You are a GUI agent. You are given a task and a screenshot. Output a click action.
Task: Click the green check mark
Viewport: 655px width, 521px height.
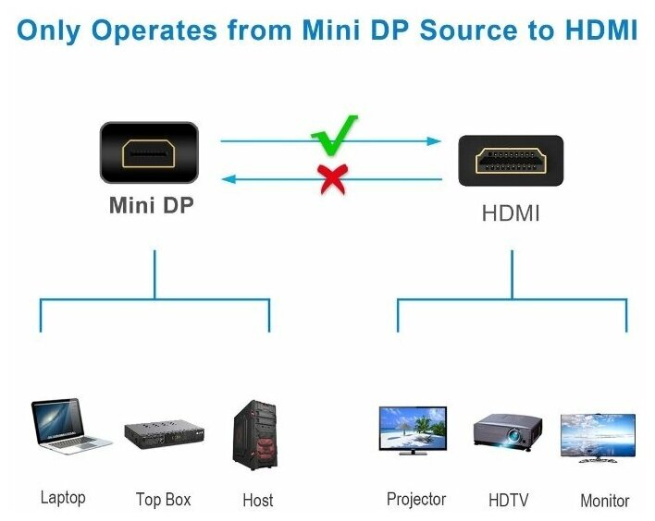coord(335,136)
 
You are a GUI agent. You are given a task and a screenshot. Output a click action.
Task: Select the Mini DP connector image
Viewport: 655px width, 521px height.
coord(148,152)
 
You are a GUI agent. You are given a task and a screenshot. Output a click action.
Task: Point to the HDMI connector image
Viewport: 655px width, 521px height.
coord(511,161)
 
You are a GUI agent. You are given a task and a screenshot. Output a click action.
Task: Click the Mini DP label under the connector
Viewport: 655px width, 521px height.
coord(152,206)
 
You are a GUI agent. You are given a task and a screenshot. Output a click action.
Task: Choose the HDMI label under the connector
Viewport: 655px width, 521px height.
coord(511,213)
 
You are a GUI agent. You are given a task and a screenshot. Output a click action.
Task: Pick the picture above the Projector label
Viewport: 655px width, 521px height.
coord(413,430)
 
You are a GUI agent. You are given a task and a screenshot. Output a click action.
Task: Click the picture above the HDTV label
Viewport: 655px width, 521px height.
coord(508,432)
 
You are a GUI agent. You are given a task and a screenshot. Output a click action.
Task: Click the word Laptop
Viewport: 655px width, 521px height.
coord(63,498)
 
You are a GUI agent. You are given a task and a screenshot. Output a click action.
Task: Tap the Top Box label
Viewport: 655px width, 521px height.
coord(163,500)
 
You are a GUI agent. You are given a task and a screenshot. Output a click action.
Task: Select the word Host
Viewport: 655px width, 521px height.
coord(257,501)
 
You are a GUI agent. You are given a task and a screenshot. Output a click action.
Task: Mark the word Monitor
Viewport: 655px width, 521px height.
coord(604,501)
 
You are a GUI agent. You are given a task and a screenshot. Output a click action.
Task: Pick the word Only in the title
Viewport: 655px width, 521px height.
coord(49,30)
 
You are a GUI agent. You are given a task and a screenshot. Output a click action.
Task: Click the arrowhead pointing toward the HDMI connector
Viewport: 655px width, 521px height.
coord(434,141)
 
